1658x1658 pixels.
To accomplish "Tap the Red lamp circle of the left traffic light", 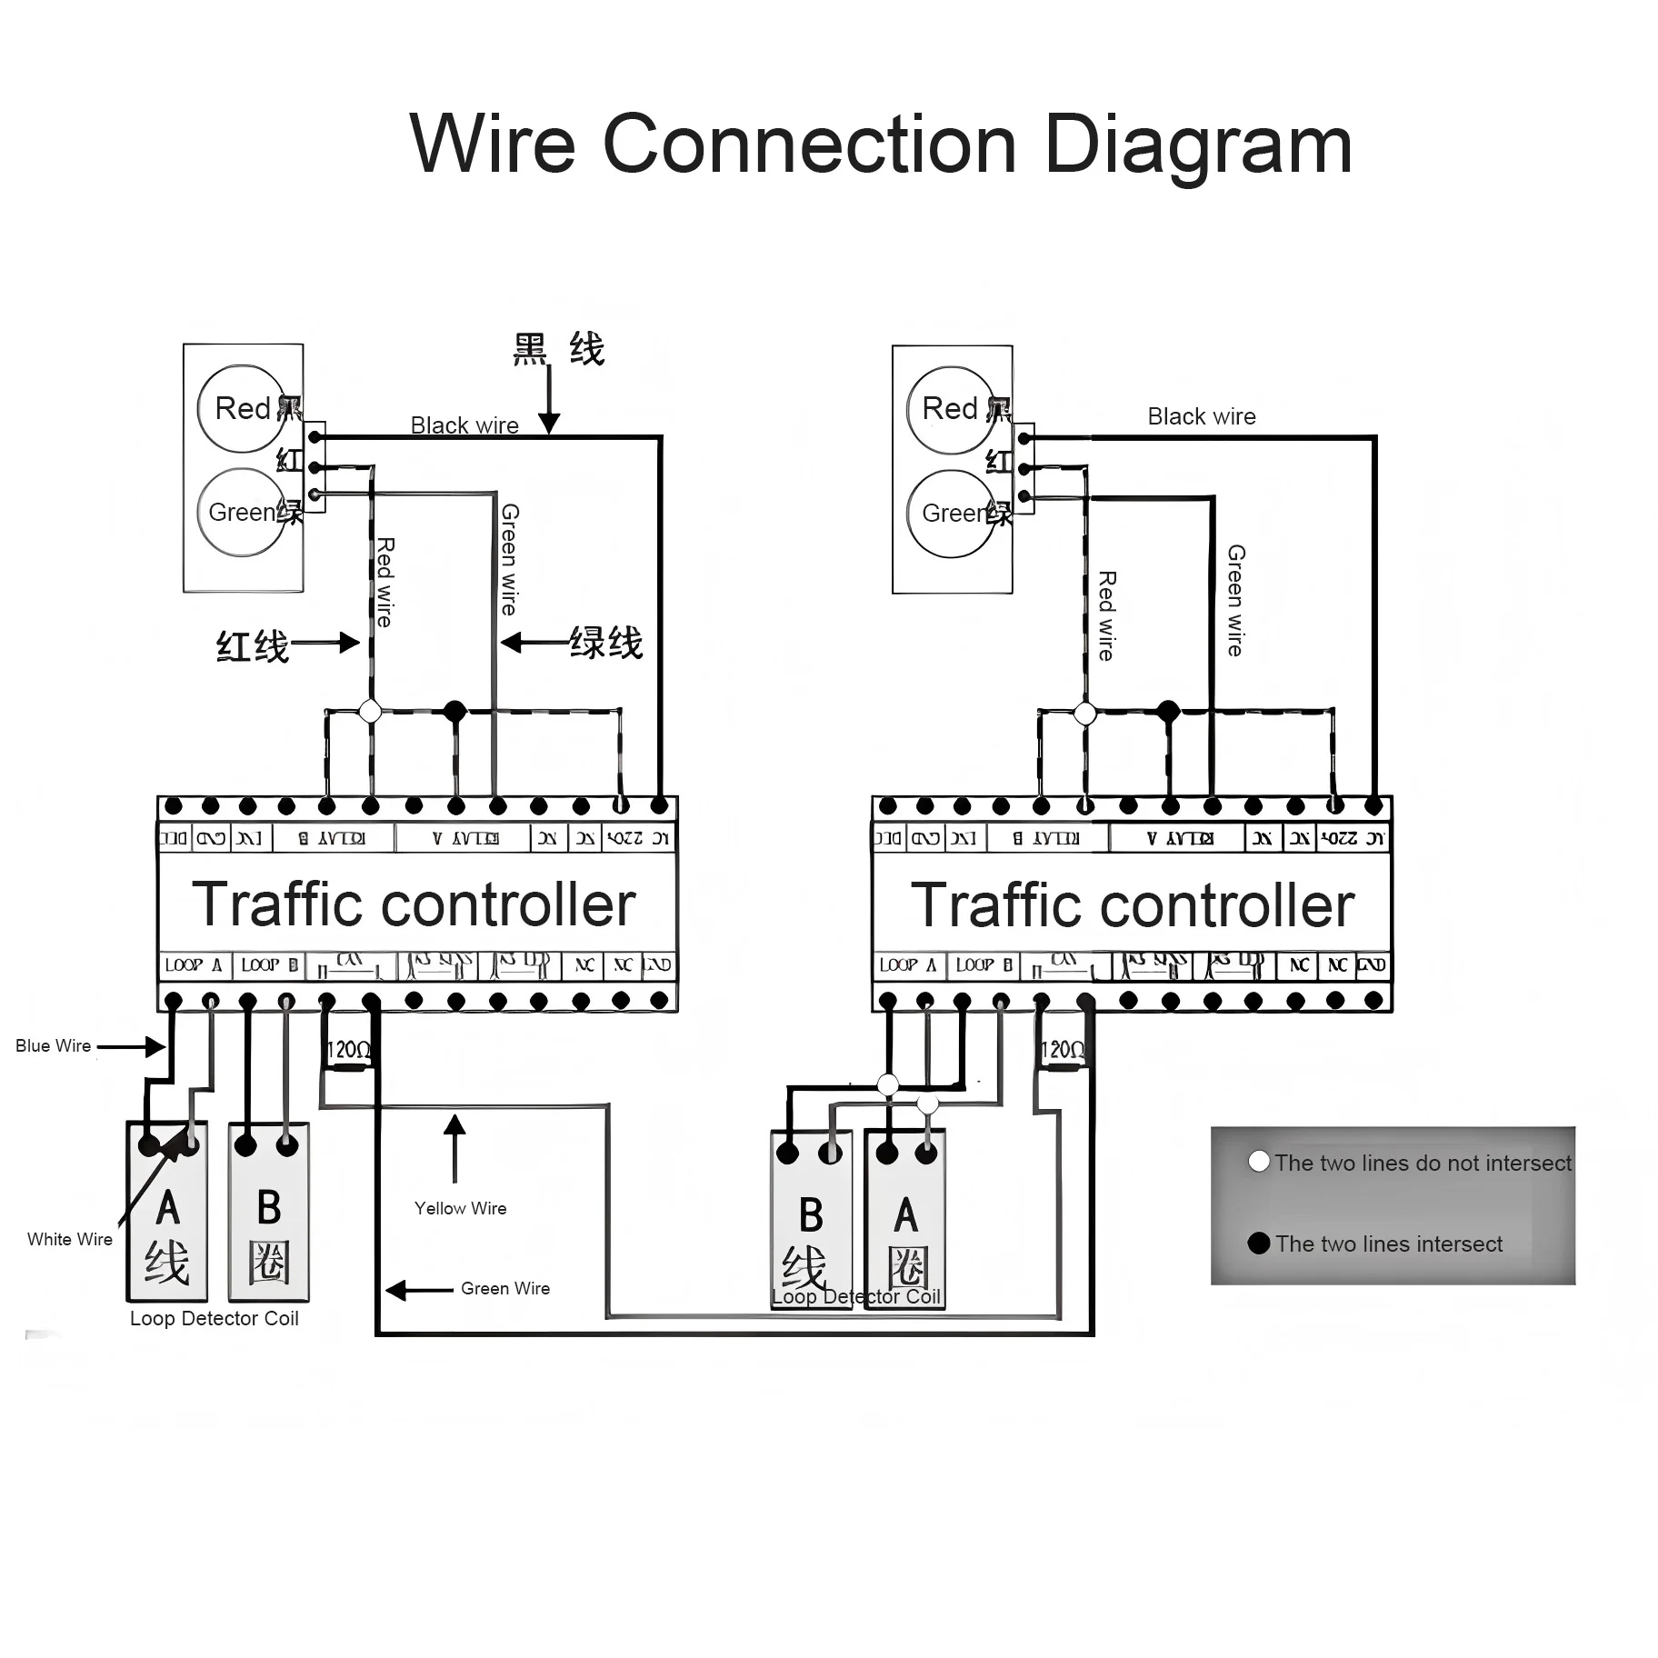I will point(242,408).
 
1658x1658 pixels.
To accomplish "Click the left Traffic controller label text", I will point(414,904).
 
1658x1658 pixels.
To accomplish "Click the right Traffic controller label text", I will point(1132,905).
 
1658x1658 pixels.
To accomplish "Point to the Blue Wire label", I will point(53,1046).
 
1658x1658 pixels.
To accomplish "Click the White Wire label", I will point(69,1240).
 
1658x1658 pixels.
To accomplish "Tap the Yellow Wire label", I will point(460,1209).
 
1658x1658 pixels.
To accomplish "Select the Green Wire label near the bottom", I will point(504,1289).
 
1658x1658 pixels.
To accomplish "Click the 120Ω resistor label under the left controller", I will point(348,1051).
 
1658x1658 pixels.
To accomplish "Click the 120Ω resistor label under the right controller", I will point(1062,1051).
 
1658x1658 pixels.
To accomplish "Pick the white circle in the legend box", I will point(1259,1162).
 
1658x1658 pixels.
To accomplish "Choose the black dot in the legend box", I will point(1259,1243).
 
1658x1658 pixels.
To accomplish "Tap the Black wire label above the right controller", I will point(1201,416).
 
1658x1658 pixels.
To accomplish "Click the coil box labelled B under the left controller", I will point(269,1214).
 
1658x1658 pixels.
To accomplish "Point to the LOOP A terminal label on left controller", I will point(194,965).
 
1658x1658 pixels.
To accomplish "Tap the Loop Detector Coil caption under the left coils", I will point(214,1319).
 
